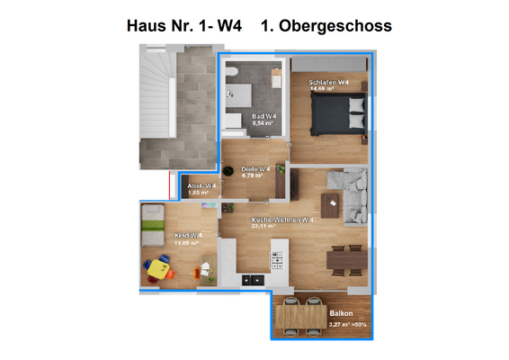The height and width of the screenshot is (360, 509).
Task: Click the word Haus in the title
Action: [x=150, y=26]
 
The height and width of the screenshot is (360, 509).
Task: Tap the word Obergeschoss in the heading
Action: [x=335, y=26]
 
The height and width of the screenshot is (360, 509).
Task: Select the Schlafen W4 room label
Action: [x=329, y=82]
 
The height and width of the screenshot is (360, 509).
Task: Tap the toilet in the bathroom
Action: [x=231, y=73]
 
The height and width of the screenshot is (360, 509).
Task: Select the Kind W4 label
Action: [x=187, y=236]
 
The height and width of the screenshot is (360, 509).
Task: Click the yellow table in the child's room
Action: [x=160, y=267]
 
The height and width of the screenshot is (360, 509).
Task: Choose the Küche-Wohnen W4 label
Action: [x=282, y=220]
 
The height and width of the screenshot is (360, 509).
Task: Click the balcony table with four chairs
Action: [x=300, y=315]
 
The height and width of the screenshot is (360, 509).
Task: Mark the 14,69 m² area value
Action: [x=322, y=89]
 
